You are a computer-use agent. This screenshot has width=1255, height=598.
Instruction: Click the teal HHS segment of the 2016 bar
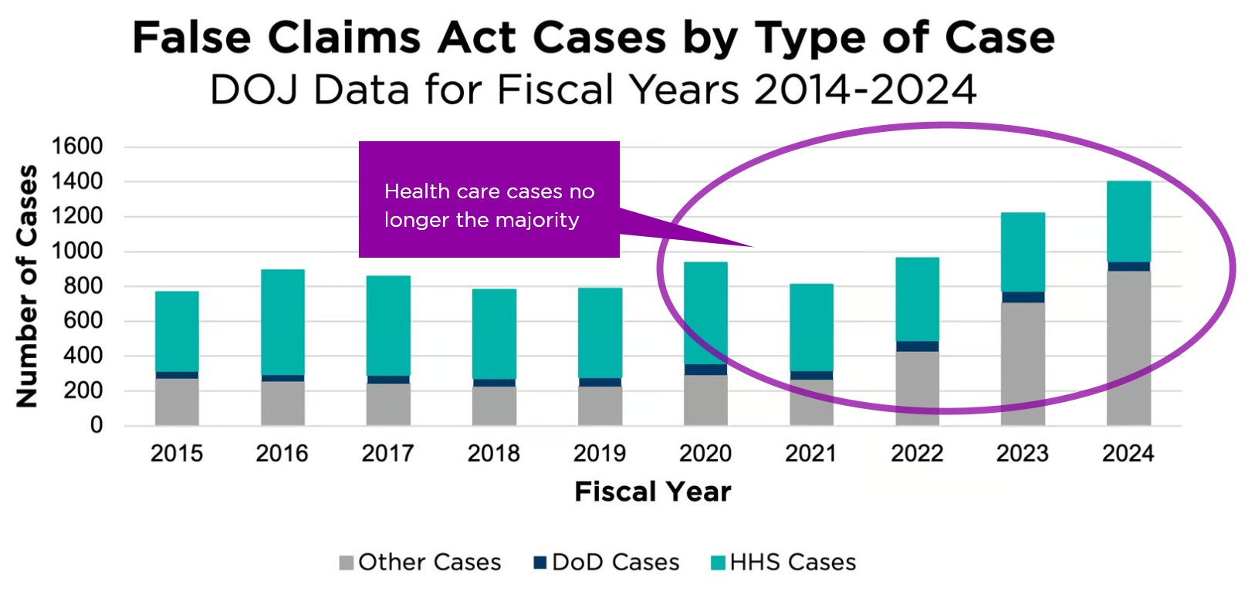[282, 322]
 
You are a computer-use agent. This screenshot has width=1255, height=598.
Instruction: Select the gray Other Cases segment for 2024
[1128, 348]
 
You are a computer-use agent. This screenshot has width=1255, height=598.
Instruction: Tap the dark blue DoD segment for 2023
[1023, 297]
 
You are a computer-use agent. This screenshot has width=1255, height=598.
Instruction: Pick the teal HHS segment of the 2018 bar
[494, 333]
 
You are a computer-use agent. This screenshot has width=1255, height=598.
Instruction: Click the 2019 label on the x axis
[599, 454]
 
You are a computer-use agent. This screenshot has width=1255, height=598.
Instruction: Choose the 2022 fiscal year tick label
[917, 454]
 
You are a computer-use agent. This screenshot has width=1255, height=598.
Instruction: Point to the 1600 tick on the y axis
[76, 146]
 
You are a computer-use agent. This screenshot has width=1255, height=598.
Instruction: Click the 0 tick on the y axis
[96, 425]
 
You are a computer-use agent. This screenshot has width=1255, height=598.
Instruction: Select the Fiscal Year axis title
[652, 492]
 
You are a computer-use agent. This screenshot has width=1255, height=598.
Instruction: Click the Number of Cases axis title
[27, 285]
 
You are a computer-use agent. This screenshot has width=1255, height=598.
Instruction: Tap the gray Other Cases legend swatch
[347, 563]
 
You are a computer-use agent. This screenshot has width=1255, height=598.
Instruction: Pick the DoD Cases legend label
[616, 563]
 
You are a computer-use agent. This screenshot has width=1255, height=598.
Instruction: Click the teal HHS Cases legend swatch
[718, 563]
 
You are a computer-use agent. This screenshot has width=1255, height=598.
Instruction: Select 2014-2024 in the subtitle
[865, 90]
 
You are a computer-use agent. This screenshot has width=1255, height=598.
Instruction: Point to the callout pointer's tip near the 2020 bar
[752, 247]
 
